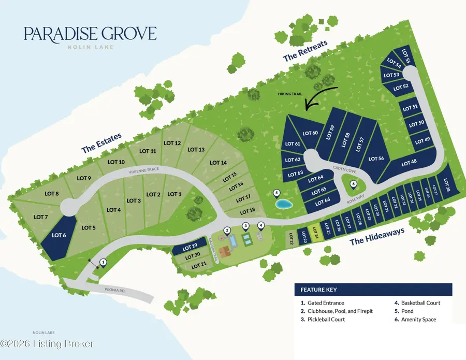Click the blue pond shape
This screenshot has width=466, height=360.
(x=283, y=205)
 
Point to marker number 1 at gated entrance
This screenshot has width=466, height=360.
(x=103, y=263)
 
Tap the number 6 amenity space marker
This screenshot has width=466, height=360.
(x=354, y=183)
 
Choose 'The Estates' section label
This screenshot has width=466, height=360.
(x=101, y=143)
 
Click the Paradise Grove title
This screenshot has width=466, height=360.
(x=90, y=34)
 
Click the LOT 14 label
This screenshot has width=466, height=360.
(x=218, y=163)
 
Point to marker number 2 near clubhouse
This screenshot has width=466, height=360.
(x=226, y=230)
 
